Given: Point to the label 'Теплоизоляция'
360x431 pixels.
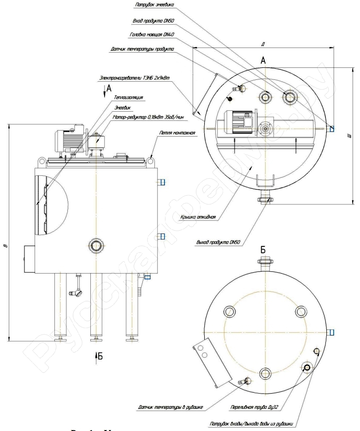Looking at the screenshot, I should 128,98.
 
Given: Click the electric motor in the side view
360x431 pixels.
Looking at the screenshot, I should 69,138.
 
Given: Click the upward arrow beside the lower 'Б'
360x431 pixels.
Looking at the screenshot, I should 96,355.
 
